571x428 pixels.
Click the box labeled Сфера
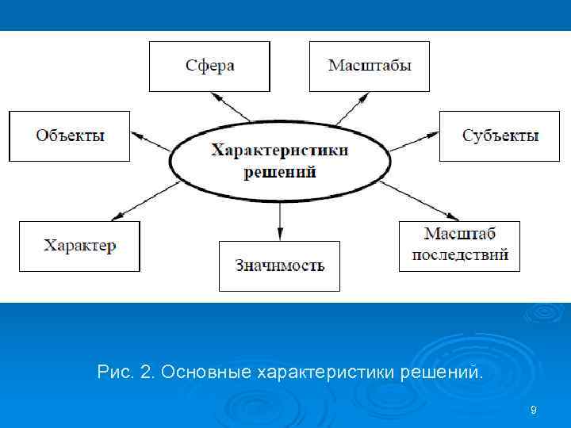point(209,65)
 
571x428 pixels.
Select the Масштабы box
point(370,65)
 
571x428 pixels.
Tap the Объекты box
point(70,136)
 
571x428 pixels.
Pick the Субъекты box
point(500,136)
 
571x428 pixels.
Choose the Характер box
point(79,246)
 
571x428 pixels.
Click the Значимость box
point(279,266)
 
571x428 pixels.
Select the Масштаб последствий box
point(459,246)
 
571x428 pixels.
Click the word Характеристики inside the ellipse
point(279,151)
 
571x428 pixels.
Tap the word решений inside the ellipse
point(279,170)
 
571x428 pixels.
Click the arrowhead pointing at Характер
point(117,216)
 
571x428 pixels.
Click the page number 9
point(533,410)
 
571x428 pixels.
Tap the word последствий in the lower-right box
point(459,256)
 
